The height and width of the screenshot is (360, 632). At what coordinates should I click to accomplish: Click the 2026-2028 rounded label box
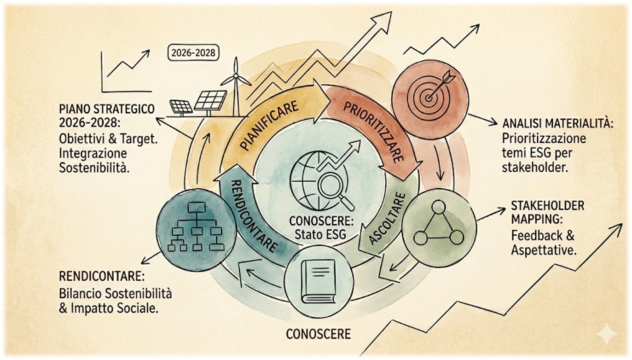[193, 53]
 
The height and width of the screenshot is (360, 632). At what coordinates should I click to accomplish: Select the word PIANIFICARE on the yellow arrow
[269, 126]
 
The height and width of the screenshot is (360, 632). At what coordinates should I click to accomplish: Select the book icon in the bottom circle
[318, 282]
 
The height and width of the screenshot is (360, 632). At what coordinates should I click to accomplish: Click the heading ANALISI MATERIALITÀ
[558, 124]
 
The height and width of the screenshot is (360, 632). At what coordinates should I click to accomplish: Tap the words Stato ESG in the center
[320, 234]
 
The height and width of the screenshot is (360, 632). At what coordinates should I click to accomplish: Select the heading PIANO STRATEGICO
[107, 109]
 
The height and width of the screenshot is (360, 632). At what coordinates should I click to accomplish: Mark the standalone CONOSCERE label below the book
[318, 334]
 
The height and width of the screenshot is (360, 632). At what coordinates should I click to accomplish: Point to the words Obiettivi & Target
[108, 139]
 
